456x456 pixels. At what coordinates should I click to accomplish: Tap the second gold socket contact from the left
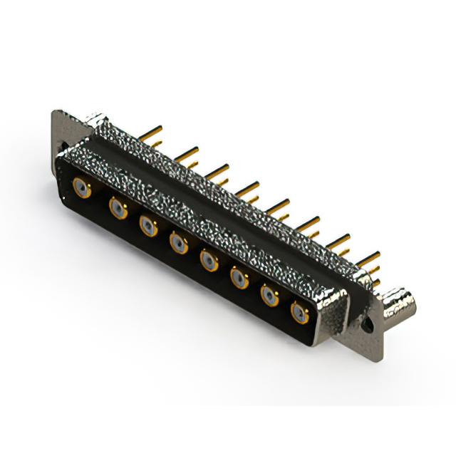tap(117, 208)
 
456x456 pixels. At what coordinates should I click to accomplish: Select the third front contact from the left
tap(148, 226)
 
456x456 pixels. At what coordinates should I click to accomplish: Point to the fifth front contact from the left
tap(209, 261)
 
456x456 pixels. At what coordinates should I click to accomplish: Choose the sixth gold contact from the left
tap(239, 278)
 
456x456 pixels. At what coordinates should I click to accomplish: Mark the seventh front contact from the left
tap(269, 295)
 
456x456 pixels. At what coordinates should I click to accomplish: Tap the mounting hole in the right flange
tap(368, 322)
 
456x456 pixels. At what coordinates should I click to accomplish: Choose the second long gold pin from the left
tap(186, 152)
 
